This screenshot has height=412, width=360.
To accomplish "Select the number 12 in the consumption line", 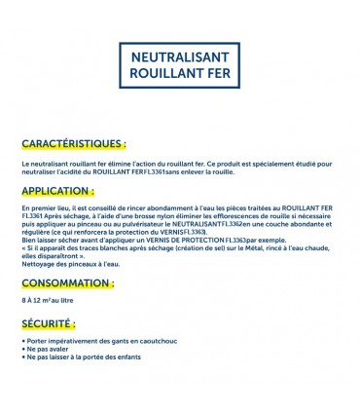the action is [x=40, y=303].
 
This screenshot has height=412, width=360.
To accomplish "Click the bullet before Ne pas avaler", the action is [x=22, y=351].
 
